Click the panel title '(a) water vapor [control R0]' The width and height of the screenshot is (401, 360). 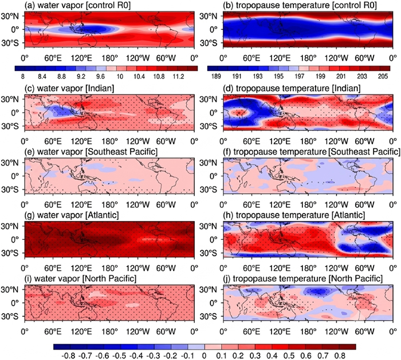[x=78, y=6]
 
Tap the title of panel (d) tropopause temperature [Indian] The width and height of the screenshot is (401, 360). [x=292, y=88]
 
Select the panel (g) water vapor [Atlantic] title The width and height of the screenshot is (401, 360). [x=72, y=215]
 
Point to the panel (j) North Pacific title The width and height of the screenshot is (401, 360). [x=303, y=279]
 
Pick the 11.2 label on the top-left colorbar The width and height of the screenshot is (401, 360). [x=178, y=76]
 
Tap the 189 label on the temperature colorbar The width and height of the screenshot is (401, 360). [x=217, y=76]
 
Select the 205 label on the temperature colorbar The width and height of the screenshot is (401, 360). [x=383, y=76]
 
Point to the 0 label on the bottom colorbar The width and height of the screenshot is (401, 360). [x=204, y=355]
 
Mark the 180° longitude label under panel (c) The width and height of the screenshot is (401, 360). [x=110, y=141]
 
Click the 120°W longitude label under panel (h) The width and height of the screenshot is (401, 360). [x=337, y=268]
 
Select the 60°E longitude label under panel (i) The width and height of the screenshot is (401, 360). [x=53, y=331]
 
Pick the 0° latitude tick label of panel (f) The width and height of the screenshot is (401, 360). [x=214, y=176]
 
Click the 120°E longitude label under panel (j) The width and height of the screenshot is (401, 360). [x=280, y=331]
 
